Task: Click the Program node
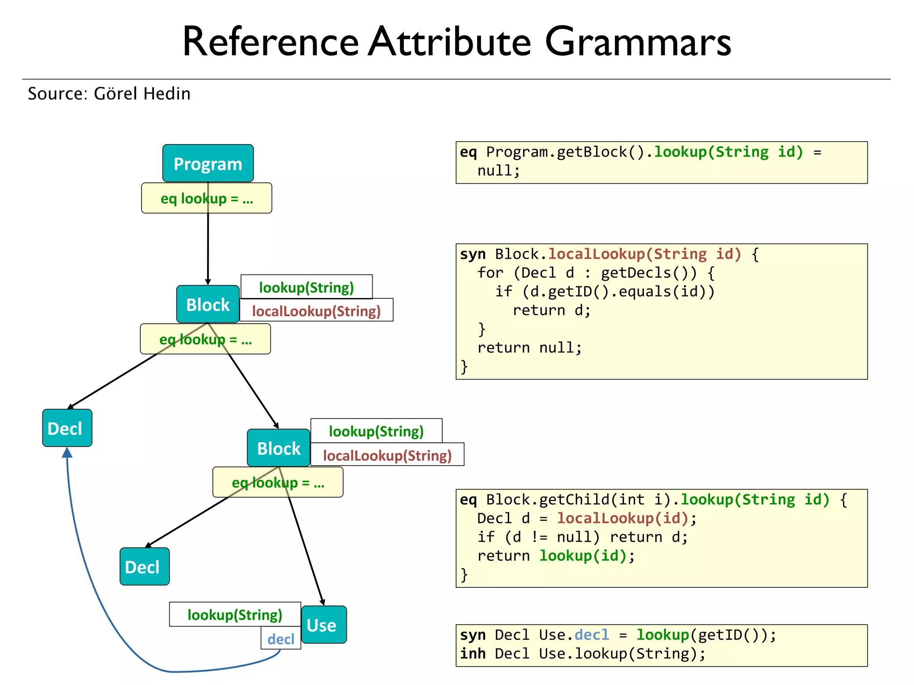pos(208,163)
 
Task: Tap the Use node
pos(324,624)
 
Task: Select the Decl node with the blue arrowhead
pos(67,428)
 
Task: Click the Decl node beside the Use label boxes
pos(144,566)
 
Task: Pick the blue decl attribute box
pos(281,639)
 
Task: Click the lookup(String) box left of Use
pos(235,615)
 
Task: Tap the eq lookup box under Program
pos(206,198)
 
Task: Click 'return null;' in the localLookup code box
pos(529,348)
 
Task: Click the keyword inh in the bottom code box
pos(473,654)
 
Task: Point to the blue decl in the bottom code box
pos(591,635)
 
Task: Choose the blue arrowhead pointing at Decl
pos(67,452)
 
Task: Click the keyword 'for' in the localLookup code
pos(490,272)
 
